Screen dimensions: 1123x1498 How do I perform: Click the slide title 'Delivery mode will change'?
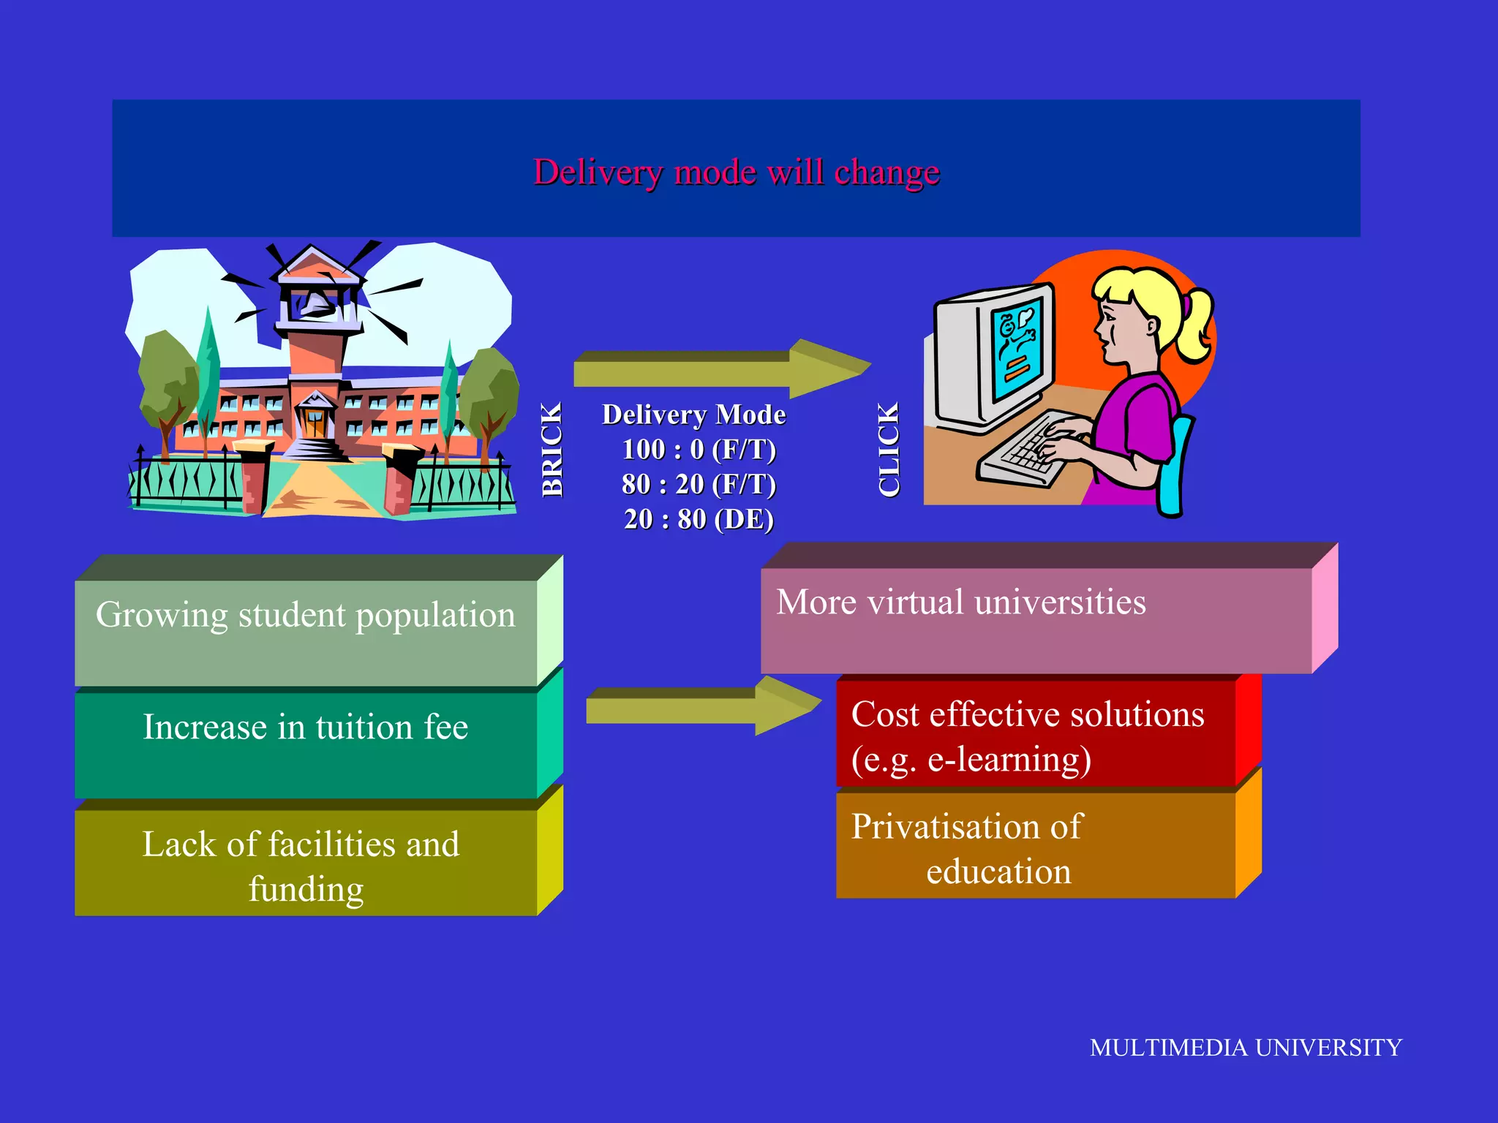tap(736, 173)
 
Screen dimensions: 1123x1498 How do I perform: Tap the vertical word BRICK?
tap(552, 450)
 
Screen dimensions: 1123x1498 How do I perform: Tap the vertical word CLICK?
tap(889, 450)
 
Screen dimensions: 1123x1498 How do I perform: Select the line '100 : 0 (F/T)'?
tap(699, 450)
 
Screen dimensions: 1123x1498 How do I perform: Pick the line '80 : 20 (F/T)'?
tap(699, 484)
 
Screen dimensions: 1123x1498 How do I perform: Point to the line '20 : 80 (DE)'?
tap(699, 519)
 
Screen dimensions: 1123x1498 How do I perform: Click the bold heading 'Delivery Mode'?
tap(693, 415)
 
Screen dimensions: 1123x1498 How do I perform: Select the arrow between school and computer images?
tap(720, 368)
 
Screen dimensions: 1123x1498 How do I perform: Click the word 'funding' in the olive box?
tap(306, 890)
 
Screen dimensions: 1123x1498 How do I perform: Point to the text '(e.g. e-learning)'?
tap(971, 760)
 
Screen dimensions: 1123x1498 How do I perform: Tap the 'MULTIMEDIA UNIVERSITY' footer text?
tap(1246, 1048)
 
